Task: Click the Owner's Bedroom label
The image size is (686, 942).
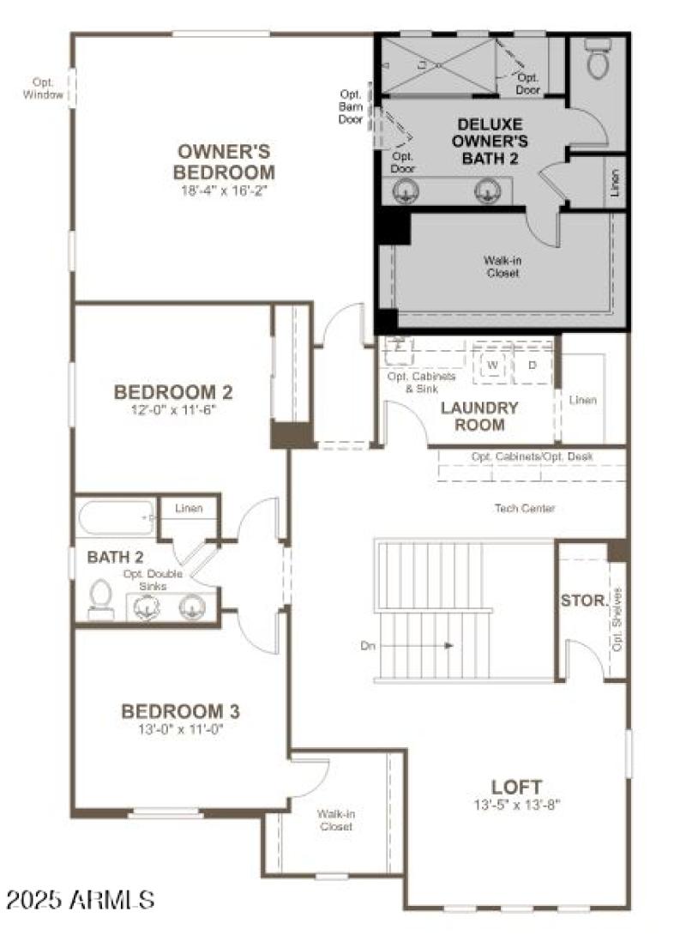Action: tap(225, 160)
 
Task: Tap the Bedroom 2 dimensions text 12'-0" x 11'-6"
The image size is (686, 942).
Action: tap(173, 410)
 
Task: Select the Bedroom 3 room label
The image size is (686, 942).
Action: tap(180, 711)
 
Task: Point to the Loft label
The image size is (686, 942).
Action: tap(516, 786)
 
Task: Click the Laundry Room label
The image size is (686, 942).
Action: tap(479, 415)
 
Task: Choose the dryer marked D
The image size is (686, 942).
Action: tap(532, 365)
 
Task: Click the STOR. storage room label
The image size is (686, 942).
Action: tap(584, 601)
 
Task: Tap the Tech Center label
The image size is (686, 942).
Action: tap(525, 509)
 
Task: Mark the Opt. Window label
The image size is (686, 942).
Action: tap(43, 88)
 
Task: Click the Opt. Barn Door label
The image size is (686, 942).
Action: tap(351, 107)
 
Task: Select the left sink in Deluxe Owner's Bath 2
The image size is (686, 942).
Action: tap(406, 191)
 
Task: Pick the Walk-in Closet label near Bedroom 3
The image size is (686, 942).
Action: tap(335, 820)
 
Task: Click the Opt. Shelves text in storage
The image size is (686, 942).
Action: tap(617, 619)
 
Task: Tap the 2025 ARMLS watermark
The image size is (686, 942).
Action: tap(80, 899)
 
